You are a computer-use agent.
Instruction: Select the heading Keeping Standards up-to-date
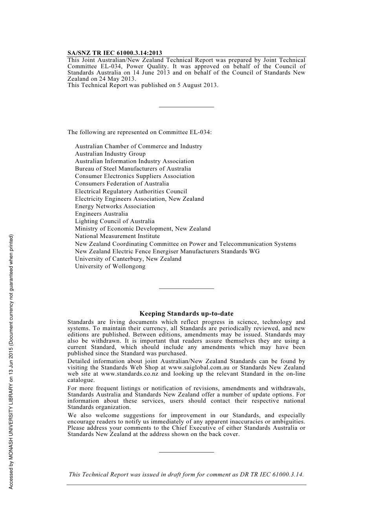pos(186,314)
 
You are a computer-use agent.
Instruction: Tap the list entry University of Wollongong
pos(110,266)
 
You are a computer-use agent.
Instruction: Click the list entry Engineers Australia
pos(101,214)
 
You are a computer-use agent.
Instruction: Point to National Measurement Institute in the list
pos(117,236)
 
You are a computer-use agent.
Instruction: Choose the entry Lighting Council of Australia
pos(115,221)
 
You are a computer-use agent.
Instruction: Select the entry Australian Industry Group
pos(110,154)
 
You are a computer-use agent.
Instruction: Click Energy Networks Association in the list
pos(115,206)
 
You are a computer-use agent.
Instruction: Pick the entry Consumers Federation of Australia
pos(122,184)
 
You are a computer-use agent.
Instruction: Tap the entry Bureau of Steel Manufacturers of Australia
pos(133,169)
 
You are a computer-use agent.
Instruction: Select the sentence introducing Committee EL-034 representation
pos(139,132)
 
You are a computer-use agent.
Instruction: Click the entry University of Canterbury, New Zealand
pos(128,259)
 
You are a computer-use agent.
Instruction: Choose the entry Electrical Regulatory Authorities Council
pos(131,191)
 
